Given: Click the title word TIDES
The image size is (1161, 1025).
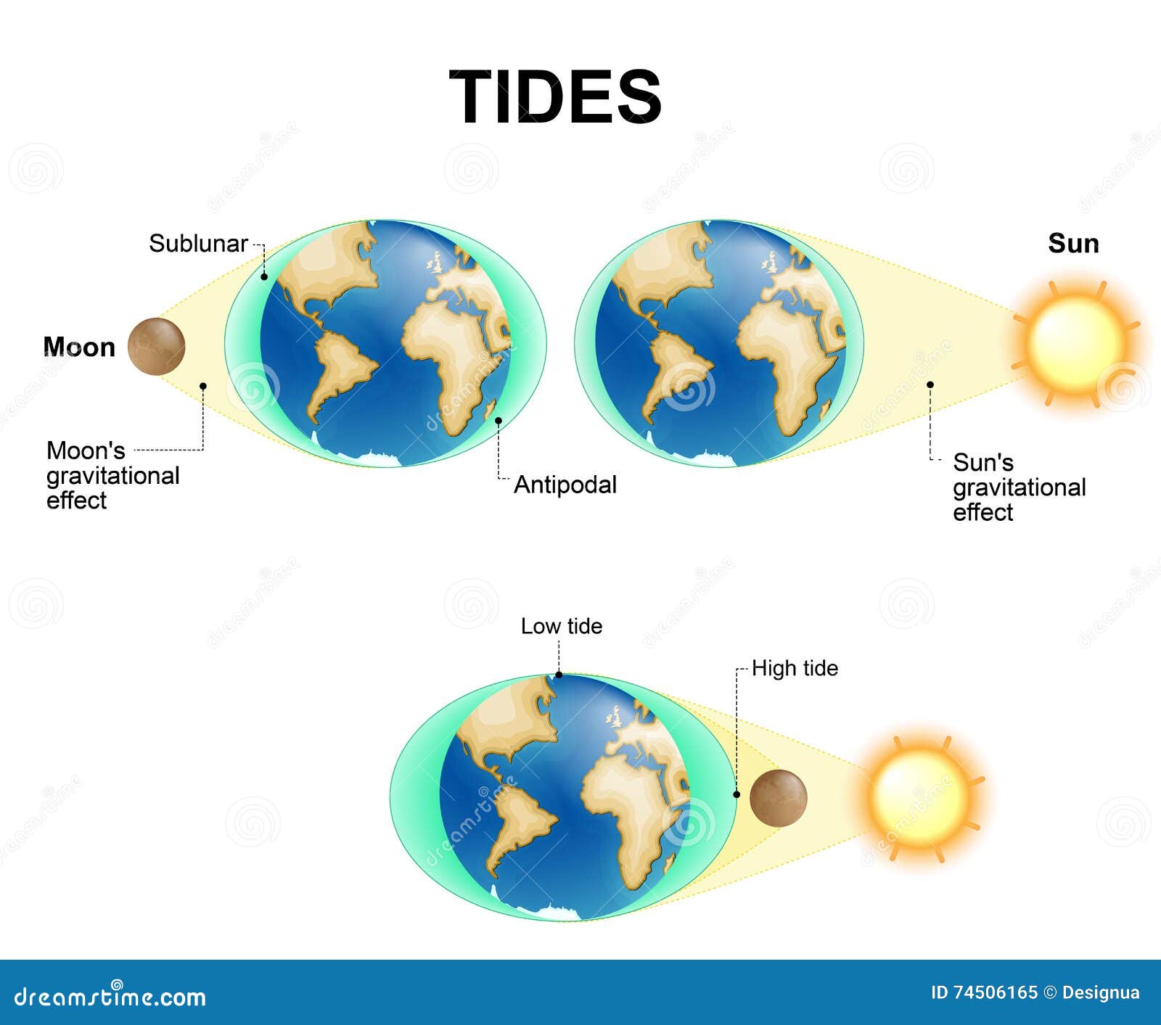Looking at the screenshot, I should click(x=555, y=97).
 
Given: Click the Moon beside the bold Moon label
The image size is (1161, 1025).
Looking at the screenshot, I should click(x=156, y=347).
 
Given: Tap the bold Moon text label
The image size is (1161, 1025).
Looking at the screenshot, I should click(x=79, y=347).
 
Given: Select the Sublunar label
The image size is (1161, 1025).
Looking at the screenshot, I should click(x=198, y=244).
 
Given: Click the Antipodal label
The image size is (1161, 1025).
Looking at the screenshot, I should click(x=565, y=485).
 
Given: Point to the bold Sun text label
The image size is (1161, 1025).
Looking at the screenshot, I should click(x=1073, y=244).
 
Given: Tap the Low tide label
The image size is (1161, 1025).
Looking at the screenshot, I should click(x=561, y=626).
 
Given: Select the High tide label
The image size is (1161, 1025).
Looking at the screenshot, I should click(x=795, y=668).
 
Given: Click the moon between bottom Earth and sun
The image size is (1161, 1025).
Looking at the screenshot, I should click(x=778, y=798).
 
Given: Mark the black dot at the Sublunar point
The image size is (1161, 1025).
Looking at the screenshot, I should click(x=264, y=276).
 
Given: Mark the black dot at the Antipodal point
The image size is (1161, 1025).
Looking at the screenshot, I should click(x=499, y=420).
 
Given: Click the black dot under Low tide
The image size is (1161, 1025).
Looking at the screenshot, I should click(x=559, y=675).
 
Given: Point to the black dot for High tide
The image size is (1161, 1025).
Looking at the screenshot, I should click(x=737, y=794).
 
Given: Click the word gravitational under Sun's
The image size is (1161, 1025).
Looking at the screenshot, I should click(x=1019, y=487).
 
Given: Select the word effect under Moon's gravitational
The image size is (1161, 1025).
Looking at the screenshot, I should click(x=76, y=501).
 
